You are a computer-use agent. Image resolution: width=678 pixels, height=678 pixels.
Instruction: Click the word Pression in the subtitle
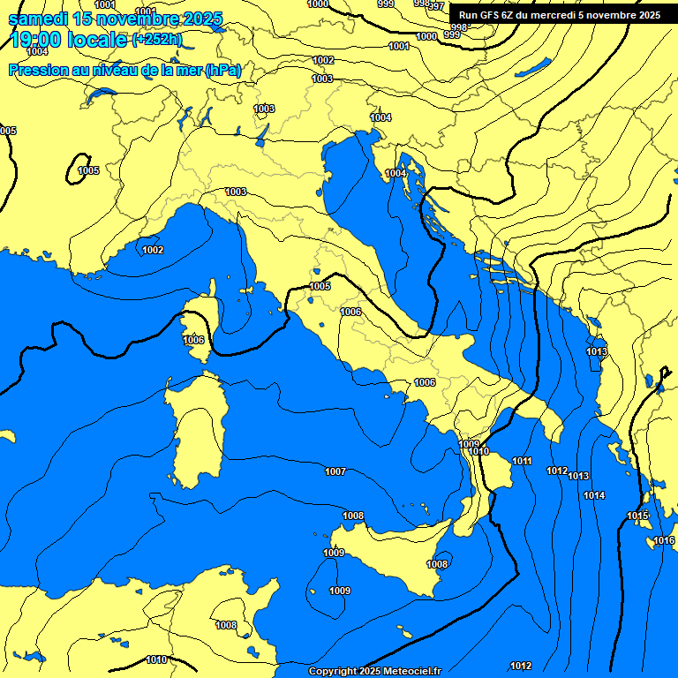[38, 70]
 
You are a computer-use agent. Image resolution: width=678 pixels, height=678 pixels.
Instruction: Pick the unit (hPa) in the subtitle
[222, 70]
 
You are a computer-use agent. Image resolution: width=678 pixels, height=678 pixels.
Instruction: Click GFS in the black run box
[489, 15]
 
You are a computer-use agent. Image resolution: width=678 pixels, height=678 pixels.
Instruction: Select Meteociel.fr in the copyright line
[408, 671]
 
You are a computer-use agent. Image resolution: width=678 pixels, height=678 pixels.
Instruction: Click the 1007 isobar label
[335, 471]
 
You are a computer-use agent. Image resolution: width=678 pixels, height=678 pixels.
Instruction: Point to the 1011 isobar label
[522, 461]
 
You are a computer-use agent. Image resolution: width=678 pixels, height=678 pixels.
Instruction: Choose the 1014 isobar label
[594, 495]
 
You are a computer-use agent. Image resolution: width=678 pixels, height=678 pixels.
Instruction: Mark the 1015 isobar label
[637, 516]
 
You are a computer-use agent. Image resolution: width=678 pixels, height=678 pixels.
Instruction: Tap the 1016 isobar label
[664, 540]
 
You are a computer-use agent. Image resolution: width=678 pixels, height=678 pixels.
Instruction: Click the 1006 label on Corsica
[193, 340]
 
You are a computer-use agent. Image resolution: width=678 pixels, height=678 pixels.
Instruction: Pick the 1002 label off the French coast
[153, 250]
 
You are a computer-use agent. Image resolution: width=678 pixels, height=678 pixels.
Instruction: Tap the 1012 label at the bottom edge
[521, 666]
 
